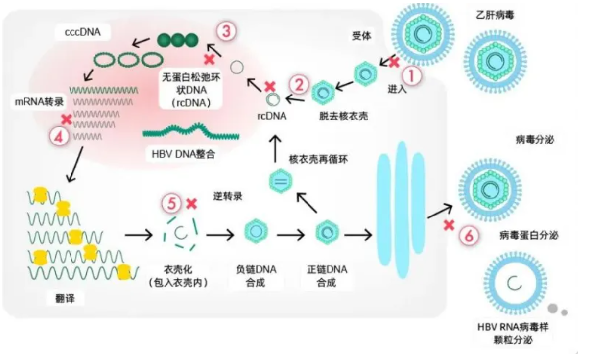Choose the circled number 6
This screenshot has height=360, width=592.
tap(469, 236)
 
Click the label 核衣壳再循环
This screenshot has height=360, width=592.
tap(319, 159)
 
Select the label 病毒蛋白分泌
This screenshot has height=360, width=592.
tap(529, 235)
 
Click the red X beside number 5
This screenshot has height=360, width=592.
tap(191, 204)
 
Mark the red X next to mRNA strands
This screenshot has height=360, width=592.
tap(67, 119)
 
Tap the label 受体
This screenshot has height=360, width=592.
tap(362, 36)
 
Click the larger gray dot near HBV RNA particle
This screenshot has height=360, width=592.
tap(553, 308)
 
